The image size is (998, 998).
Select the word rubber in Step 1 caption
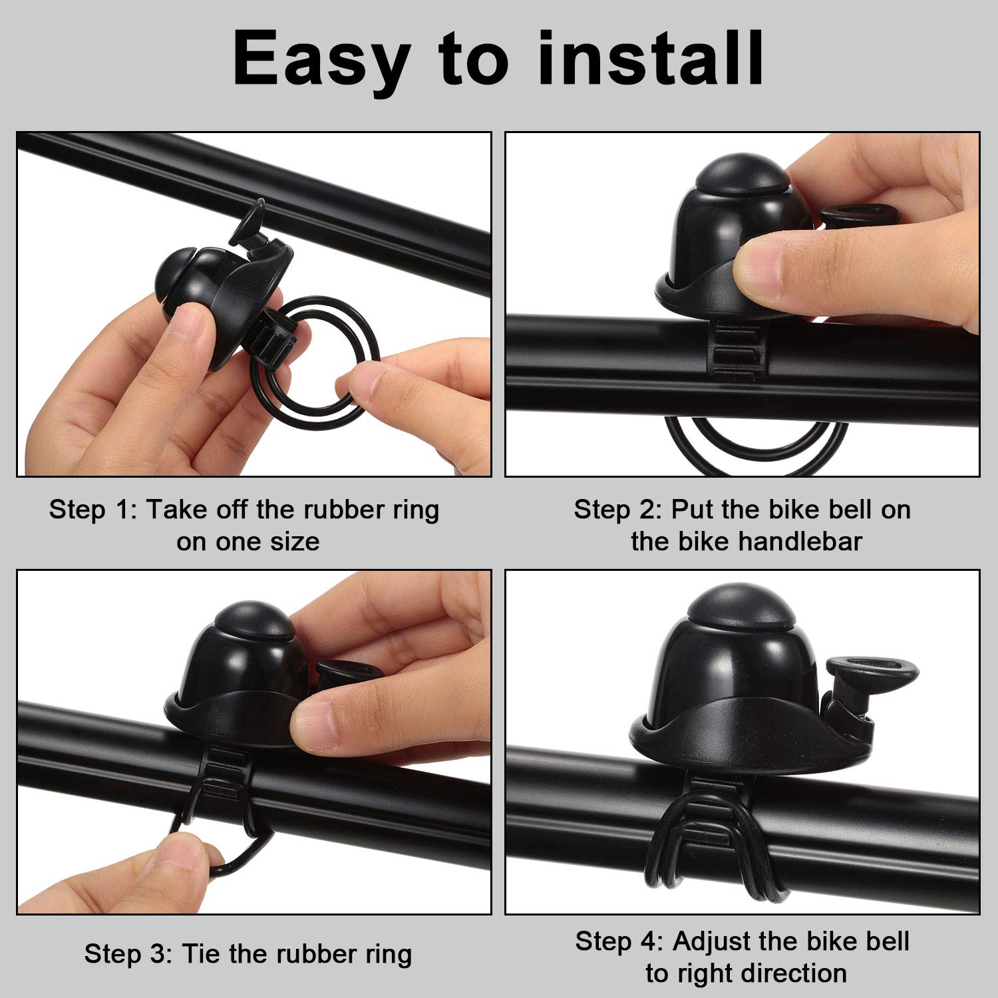click(333, 510)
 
